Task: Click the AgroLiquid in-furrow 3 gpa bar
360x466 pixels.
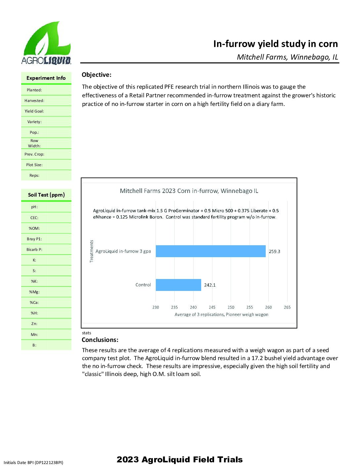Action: click(x=210, y=251)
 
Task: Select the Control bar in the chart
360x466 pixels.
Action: click(x=178, y=285)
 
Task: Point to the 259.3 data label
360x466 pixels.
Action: click(x=274, y=252)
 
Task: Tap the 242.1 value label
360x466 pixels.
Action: click(x=210, y=285)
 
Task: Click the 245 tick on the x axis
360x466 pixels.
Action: click(x=212, y=307)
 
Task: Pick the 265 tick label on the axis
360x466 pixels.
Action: click(x=287, y=307)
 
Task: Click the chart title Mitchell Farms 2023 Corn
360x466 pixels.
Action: click(x=189, y=191)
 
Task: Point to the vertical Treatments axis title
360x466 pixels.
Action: click(x=92, y=251)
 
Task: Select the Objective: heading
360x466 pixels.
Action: click(x=97, y=75)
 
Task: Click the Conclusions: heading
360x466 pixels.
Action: click(x=100, y=340)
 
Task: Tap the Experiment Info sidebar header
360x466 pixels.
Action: click(x=46, y=78)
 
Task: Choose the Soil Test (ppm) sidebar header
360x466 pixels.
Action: click(x=46, y=195)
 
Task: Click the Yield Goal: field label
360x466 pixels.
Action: click(x=34, y=111)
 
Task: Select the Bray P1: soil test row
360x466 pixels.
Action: click(x=34, y=239)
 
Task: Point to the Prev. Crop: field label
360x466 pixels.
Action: click(x=34, y=154)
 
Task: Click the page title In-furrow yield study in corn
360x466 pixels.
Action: click(x=275, y=44)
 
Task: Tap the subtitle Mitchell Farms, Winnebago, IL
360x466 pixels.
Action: click(x=287, y=57)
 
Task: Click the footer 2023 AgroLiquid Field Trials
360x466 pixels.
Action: click(x=180, y=459)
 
